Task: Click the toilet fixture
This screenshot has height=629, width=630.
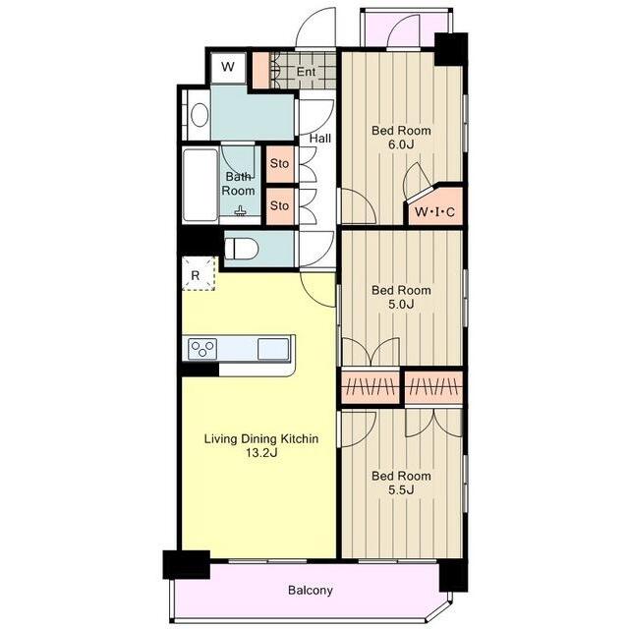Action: coord(241,249)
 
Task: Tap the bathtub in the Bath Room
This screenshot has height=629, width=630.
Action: coord(200,185)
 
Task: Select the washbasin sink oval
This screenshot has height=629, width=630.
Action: coord(200,114)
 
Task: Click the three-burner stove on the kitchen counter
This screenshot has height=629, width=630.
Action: coord(202,348)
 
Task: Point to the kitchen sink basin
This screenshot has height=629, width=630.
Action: coord(273,348)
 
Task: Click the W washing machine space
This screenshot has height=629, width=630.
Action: coord(228,67)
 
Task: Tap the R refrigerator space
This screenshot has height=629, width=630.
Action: coord(199,273)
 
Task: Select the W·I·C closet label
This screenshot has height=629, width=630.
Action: coord(434,211)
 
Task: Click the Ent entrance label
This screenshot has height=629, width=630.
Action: coord(306,72)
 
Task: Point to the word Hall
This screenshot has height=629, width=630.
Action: coord(320,139)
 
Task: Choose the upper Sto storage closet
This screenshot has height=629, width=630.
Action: coord(280,164)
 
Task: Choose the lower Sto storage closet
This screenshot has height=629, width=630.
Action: coord(280,206)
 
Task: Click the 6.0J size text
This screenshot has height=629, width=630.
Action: coord(401,144)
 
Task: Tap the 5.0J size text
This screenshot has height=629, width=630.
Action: coord(401,305)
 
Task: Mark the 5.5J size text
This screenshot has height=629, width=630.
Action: coord(401,490)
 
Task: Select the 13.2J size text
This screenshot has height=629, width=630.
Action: coord(261,453)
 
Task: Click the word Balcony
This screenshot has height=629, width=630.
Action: coord(311,591)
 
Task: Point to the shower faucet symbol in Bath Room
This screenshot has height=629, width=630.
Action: coord(240,211)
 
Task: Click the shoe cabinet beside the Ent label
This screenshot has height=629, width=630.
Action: coord(260,71)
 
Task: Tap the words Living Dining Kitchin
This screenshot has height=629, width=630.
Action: coord(261,438)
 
